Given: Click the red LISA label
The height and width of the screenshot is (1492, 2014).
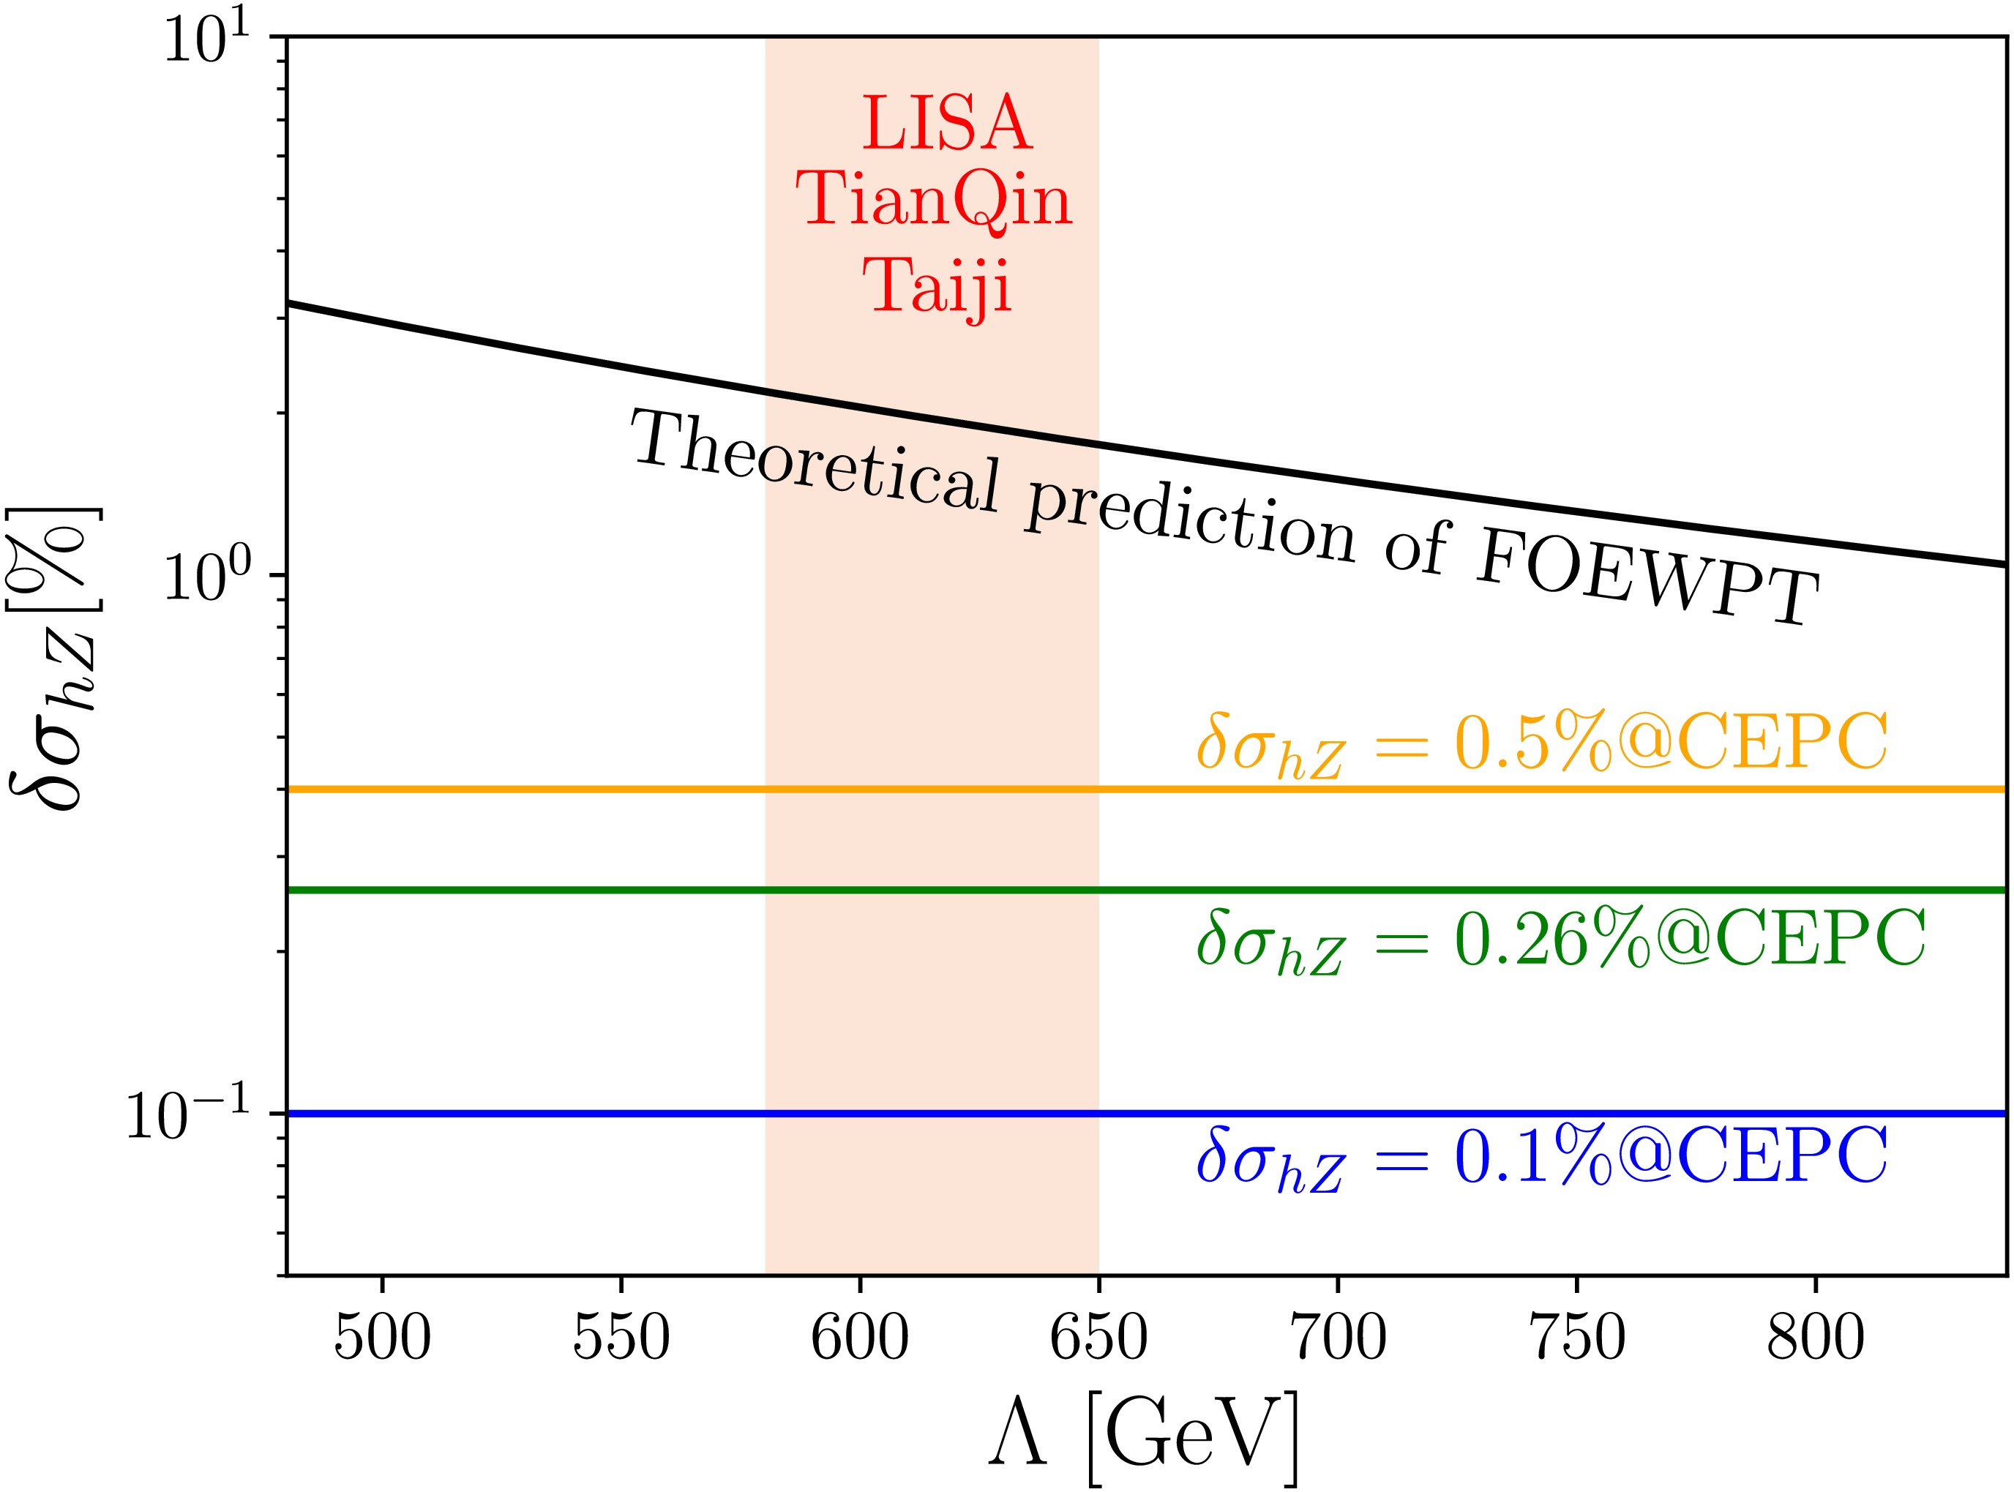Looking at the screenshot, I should (x=946, y=124).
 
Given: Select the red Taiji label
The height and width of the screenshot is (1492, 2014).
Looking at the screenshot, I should (x=937, y=285).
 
